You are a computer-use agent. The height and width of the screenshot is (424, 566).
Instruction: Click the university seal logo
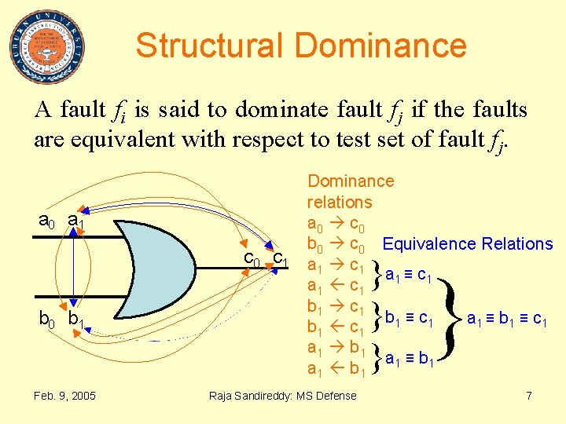tap(48, 46)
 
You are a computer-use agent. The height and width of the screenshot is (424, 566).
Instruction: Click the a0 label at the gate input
tap(47, 221)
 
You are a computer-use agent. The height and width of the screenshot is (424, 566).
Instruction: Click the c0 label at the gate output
tap(252, 258)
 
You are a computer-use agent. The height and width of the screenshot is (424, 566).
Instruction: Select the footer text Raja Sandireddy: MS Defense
tap(282, 395)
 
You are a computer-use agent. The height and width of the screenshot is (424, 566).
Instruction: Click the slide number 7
tap(529, 395)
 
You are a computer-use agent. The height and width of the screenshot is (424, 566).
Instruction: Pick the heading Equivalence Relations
tap(468, 244)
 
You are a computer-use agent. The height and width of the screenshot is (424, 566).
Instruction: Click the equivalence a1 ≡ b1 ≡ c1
tap(507, 319)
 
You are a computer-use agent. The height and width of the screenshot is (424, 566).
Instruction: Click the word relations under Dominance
tap(340, 202)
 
